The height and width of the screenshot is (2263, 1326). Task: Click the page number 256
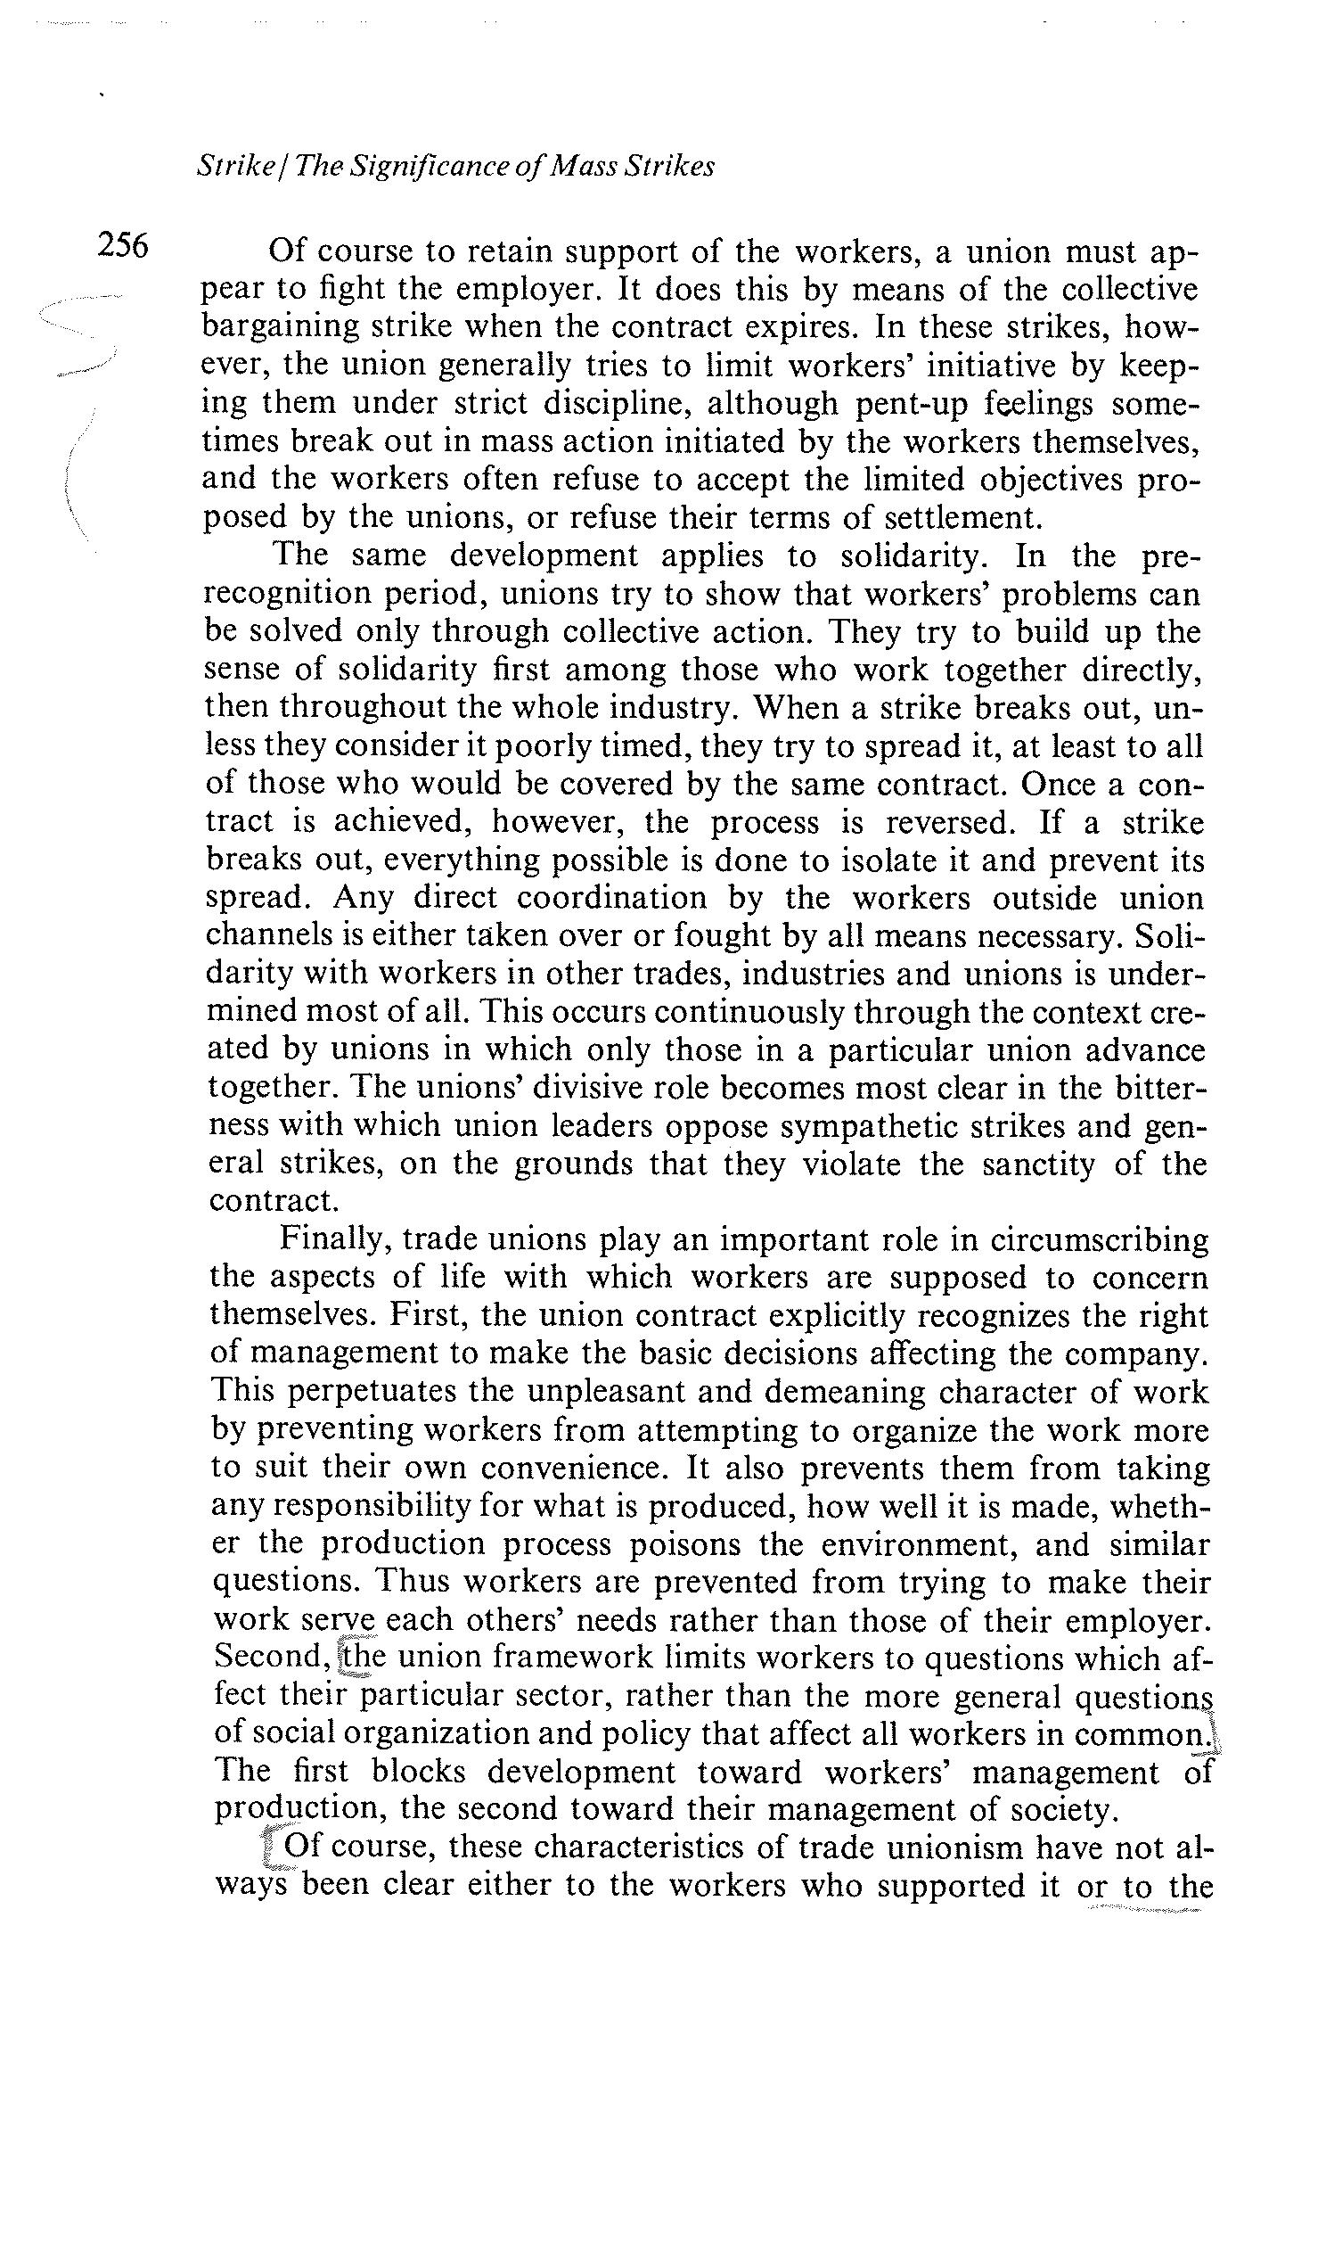pyautogui.click(x=123, y=244)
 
